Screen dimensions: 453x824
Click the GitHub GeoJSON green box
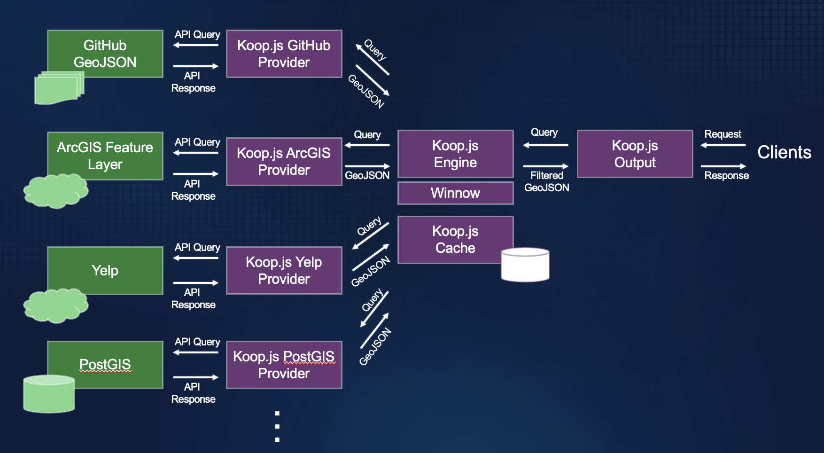click(105, 54)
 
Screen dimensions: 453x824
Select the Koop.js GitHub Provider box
click(284, 54)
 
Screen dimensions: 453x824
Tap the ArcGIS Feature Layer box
click(105, 156)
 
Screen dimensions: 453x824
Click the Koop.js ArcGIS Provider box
click(284, 161)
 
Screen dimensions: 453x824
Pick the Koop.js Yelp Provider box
click(284, 270)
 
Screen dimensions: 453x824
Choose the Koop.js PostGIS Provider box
click(284, 365)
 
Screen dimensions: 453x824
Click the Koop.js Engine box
click(455, 154)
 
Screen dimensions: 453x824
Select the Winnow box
click(455, 193)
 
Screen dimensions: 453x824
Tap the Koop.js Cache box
click(455, 239)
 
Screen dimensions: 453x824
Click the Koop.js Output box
click(635, 154)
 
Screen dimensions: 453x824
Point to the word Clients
click(784, 152)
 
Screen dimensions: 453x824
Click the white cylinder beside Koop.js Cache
click(525, 265)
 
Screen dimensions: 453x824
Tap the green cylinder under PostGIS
click(49, 394)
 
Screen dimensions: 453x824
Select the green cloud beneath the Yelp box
click(55, 306)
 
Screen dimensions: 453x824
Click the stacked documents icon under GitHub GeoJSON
click(58, 88)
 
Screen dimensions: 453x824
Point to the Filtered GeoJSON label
click(546, 181)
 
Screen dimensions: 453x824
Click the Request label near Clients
click(723, 134)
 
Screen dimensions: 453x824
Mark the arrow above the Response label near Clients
click(723, 166)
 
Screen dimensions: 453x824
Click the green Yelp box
click(105, 270)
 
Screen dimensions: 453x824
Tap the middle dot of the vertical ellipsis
click(277, 427)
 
